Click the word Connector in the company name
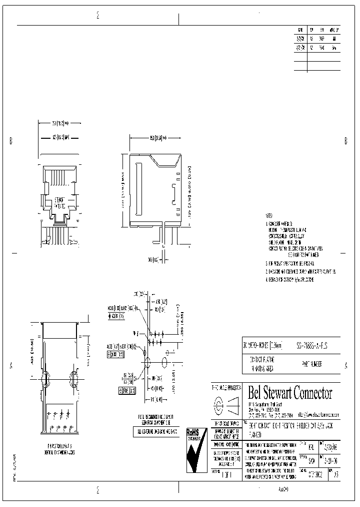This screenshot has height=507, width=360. [x=311, y=393]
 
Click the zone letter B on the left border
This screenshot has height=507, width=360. [x=10, y=141]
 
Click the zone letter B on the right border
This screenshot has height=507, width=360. [x=345, y=141]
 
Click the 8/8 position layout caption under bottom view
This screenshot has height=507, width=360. [x=59, y=447]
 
